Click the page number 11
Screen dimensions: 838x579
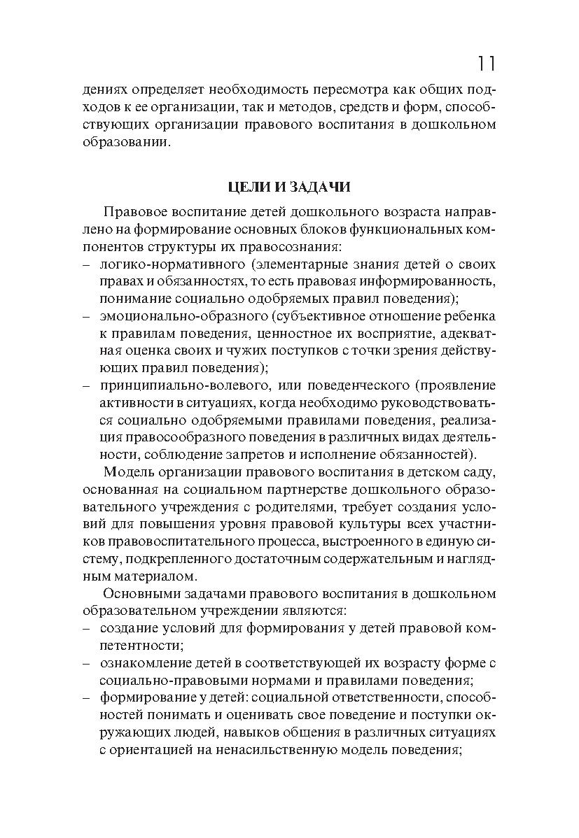(486, 64)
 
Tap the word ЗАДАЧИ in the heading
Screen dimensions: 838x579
(315, 187)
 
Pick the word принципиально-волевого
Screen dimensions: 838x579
(181, 385)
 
